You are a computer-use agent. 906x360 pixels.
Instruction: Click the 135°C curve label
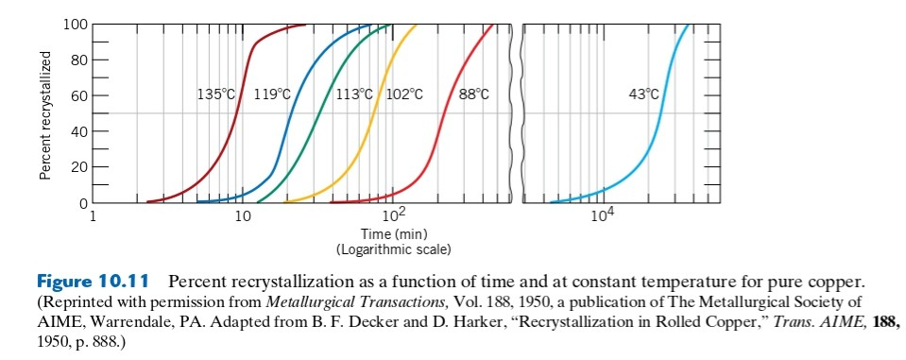(x=215, y=94)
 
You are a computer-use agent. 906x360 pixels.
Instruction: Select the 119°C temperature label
(x=273, y=94)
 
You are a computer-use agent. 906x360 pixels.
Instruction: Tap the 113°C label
(x=356, y=94)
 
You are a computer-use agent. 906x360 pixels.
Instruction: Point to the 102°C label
(x=404, y=94)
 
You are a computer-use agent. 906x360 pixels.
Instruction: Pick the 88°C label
(x=473, y=94)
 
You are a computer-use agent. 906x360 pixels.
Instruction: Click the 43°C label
(x=643, y=94)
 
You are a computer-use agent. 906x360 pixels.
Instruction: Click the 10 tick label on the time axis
(x=243, y=218)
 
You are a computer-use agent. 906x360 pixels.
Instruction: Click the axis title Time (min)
(x=394, y=234)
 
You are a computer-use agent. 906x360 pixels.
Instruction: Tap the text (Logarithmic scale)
(x=394, y=249)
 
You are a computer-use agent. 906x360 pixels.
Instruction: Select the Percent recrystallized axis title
(x=44, y=115)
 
